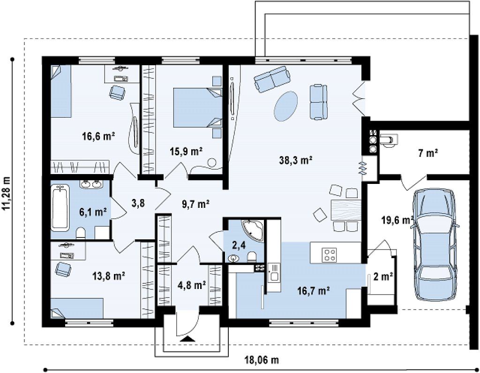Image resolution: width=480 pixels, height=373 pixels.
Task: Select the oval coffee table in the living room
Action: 286,106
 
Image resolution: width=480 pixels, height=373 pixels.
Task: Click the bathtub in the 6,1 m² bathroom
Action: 60,207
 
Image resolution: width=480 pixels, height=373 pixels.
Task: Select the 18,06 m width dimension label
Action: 262,359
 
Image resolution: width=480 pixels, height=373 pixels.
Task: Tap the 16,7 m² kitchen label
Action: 313,289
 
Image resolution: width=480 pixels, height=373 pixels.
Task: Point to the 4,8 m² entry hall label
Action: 191,285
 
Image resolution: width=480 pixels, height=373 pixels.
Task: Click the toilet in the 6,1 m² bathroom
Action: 81,233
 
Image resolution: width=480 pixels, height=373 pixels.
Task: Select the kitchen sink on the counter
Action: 273,273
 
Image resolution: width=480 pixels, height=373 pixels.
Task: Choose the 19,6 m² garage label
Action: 397,220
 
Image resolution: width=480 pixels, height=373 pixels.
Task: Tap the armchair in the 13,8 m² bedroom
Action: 63,268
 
